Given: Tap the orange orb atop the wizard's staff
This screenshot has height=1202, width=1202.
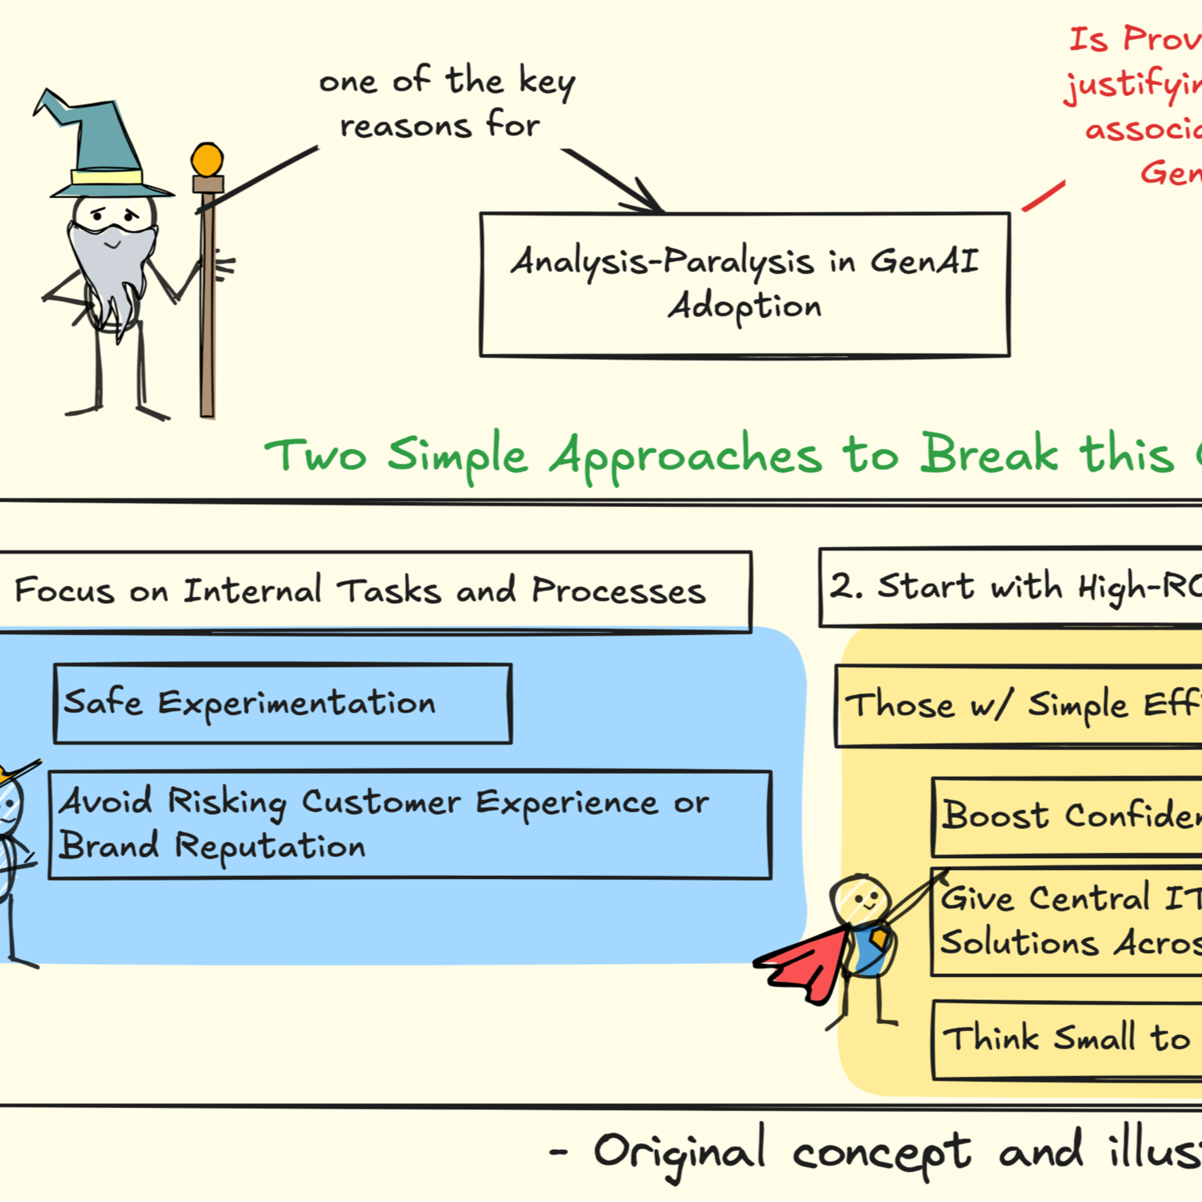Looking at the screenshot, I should tap(207, 159).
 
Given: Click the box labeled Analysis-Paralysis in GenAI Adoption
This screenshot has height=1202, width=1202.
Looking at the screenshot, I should tap(744, 284).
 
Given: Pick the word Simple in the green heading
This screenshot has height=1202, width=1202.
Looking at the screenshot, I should tap(457, 456).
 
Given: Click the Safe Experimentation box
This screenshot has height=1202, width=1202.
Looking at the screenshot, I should tap(283, 703).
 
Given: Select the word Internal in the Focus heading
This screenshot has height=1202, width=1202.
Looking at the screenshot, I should tap(252, 590).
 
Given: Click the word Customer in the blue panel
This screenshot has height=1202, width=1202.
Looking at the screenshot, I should tap(381, 802).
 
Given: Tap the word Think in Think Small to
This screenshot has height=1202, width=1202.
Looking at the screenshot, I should tap(990, 1039).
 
